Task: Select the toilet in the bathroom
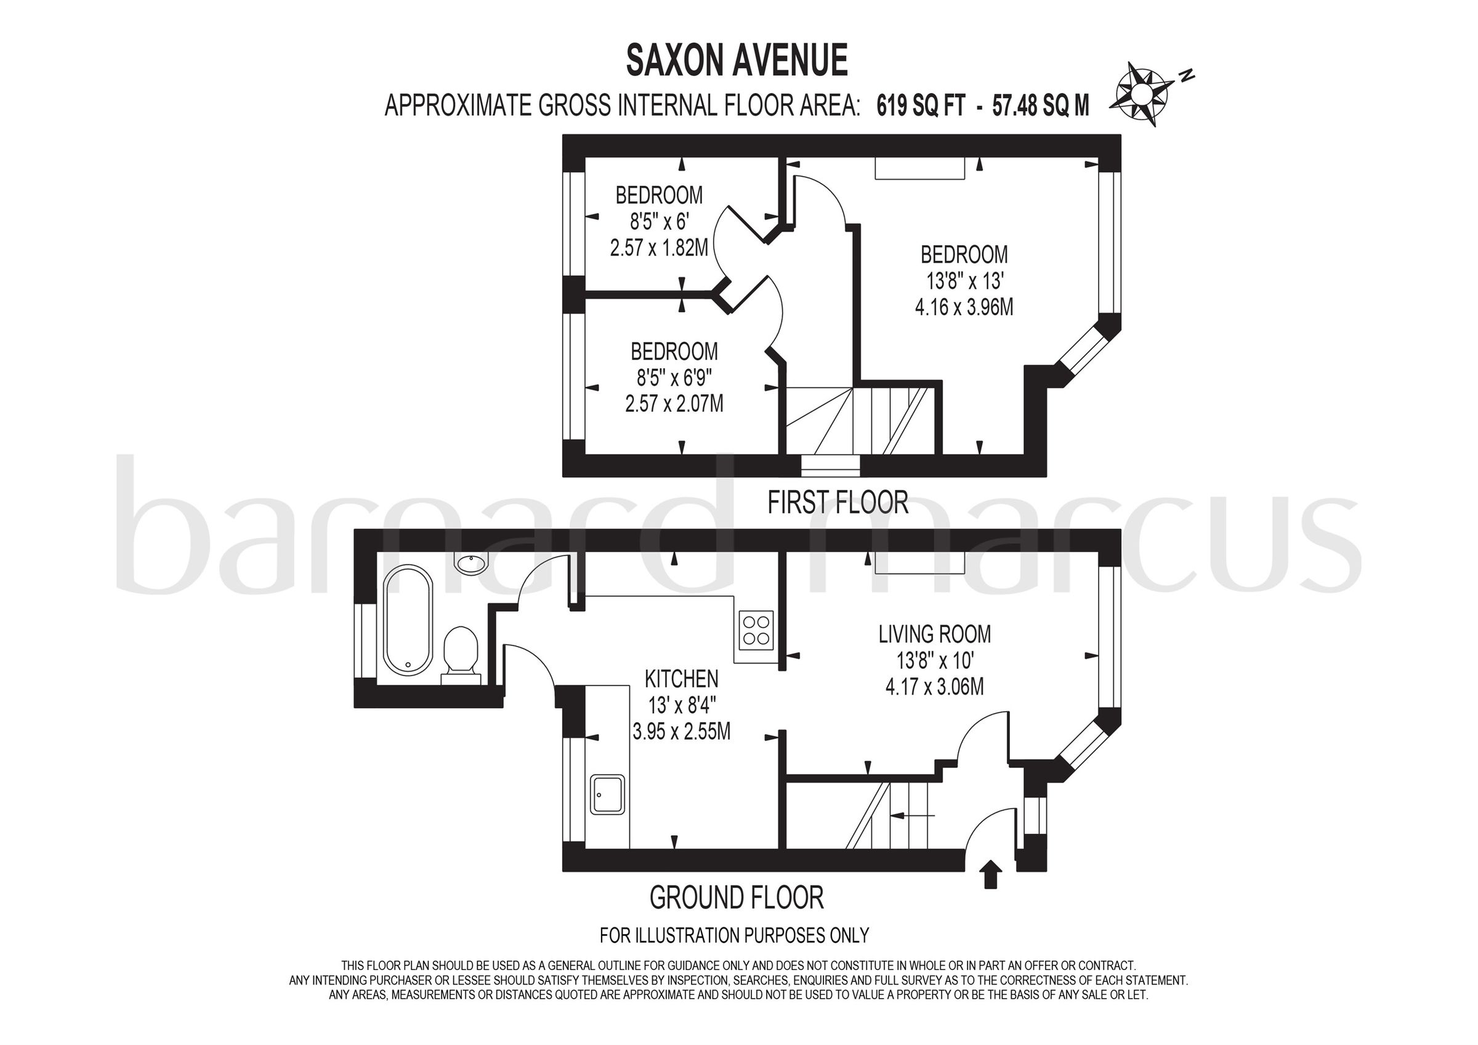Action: (x=461, y=651)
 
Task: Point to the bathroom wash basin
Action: (x=472, y=563)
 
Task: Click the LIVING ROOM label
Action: (x=934, y=634)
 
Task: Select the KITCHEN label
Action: (x=681, y=679)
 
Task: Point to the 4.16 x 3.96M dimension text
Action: (x=964, y=307)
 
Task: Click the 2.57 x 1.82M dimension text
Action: (x=658, y=248)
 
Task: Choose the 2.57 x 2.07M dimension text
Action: (x=674, y=404)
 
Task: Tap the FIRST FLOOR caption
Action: (x=838, y=502)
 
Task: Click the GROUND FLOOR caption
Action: (x=737, y=898)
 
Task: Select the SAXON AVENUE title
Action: (x=737, y=61)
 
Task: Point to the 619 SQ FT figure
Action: (x=921, y=105)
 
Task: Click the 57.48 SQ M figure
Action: (x=1040, y=105)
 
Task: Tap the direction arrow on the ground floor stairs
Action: (x=911, y=816)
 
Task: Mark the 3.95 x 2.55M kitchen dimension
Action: (x=681, y=732)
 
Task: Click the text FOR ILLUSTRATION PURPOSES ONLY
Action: (x=734, y=935)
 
